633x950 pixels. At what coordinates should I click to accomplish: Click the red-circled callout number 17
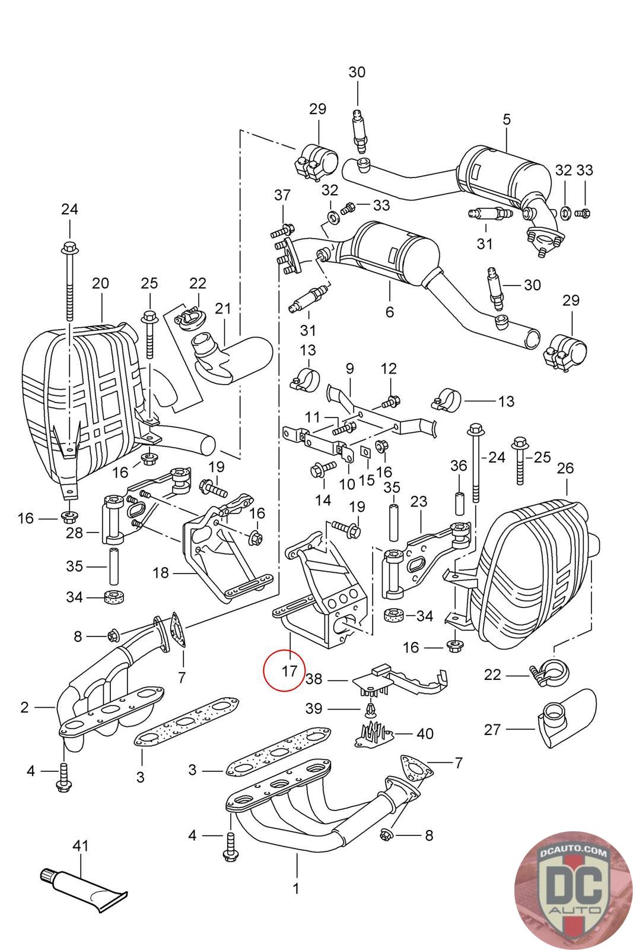coord(289,671)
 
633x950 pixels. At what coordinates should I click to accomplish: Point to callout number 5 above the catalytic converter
coord(506,119)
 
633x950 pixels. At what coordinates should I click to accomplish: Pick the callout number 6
coord(389,311)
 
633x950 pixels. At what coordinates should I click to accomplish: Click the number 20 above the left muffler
coord(100,283)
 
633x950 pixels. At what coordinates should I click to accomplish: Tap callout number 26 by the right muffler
coord(565,468)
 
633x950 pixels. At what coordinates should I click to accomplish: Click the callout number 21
coord(222,308)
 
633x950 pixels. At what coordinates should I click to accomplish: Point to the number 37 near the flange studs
coord(282,195)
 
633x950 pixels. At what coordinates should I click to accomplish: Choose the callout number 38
coord(314,679)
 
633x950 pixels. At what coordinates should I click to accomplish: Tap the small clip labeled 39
coord(370,708)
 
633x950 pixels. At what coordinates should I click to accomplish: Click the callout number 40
coord(425,734)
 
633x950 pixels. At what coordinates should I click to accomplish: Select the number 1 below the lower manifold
coord(296,889)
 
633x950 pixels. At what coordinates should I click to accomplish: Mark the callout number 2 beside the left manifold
coord(24,707)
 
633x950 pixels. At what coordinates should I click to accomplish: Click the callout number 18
coord(160,573)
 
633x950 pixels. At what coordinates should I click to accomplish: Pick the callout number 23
coord(419,501)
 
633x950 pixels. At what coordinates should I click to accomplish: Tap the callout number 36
coord(459,465)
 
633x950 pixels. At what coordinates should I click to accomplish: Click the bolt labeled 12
coord(391,403)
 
